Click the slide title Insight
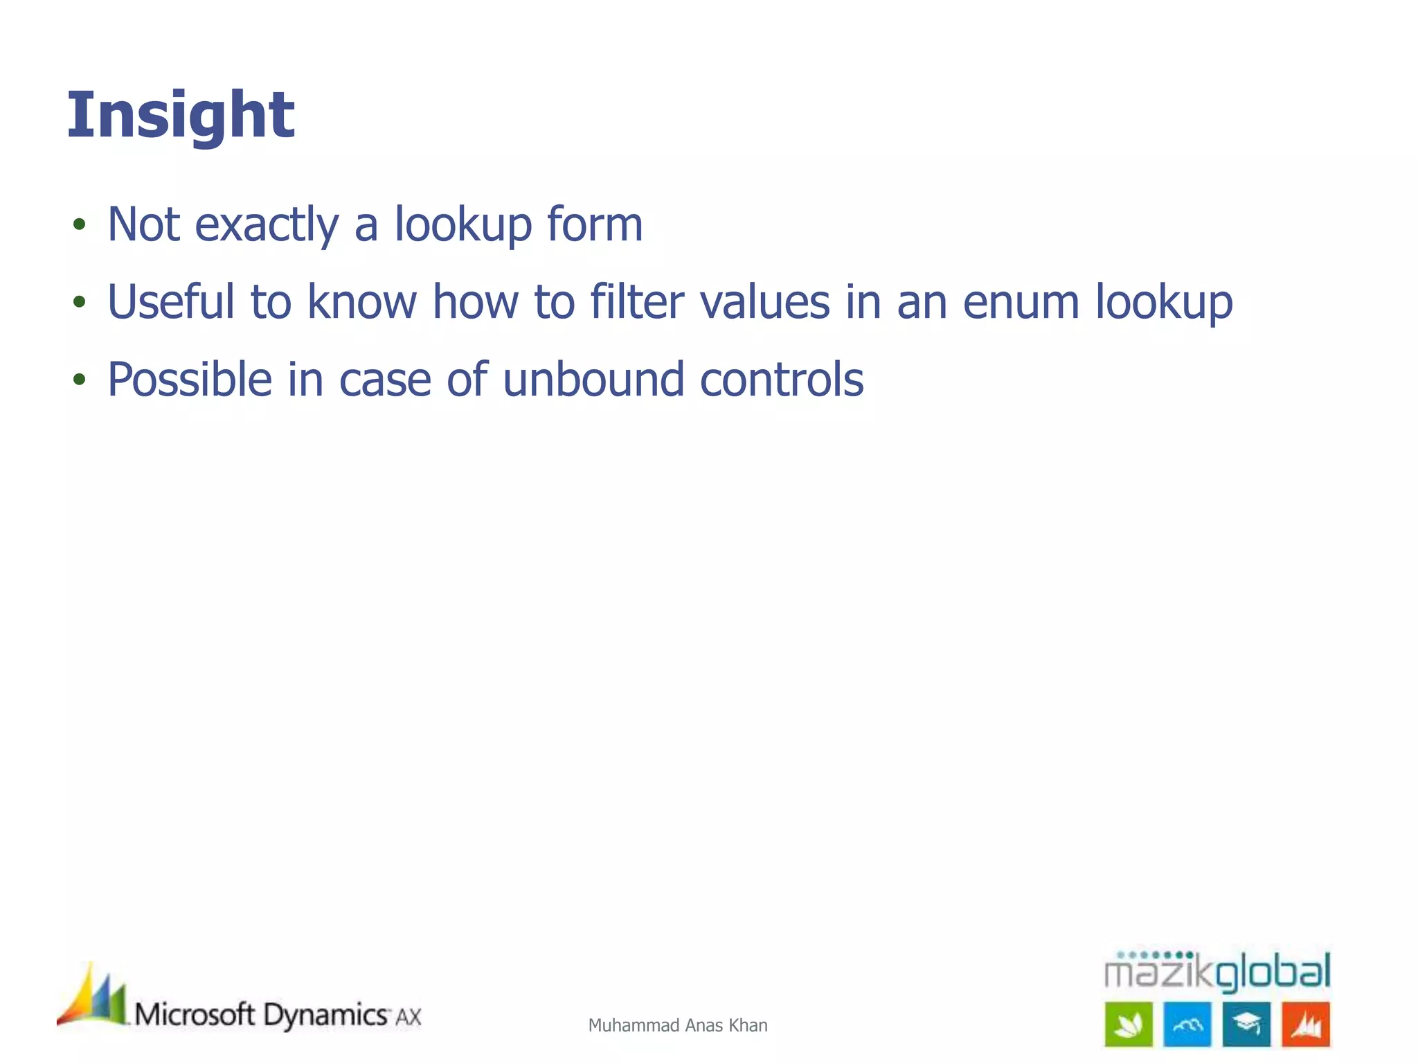tap(181, 116)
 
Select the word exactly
tap(267, 226)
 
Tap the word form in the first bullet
tap(595, 224)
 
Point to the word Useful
tap(171, 302)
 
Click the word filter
tap(637, 302)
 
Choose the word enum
tap(1021, 303)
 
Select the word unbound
tap(593, 380)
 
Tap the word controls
tap(782, 380)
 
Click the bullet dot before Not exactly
tap(80, 224)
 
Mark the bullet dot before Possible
tap(80, 380)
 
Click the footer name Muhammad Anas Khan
tap(678, 1025)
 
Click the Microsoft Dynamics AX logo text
tap(277, 1016)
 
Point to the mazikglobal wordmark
tap(1217, 971)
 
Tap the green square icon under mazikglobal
tap(1129, 1024)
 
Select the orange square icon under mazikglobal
tap(1306, 1024)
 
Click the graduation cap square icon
tap(1246, 1024)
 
